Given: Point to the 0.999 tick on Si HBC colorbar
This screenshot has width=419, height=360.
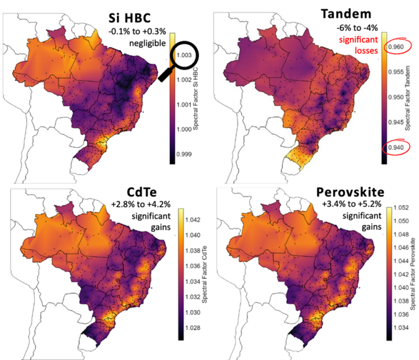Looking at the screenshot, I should (x=183, y=154).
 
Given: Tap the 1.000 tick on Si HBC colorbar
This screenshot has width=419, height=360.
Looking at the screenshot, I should (x=183, y=129).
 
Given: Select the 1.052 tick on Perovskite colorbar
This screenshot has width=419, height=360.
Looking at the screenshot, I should (x=402, y=208).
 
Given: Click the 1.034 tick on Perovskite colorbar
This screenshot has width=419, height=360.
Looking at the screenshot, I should (x=402, y=328).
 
